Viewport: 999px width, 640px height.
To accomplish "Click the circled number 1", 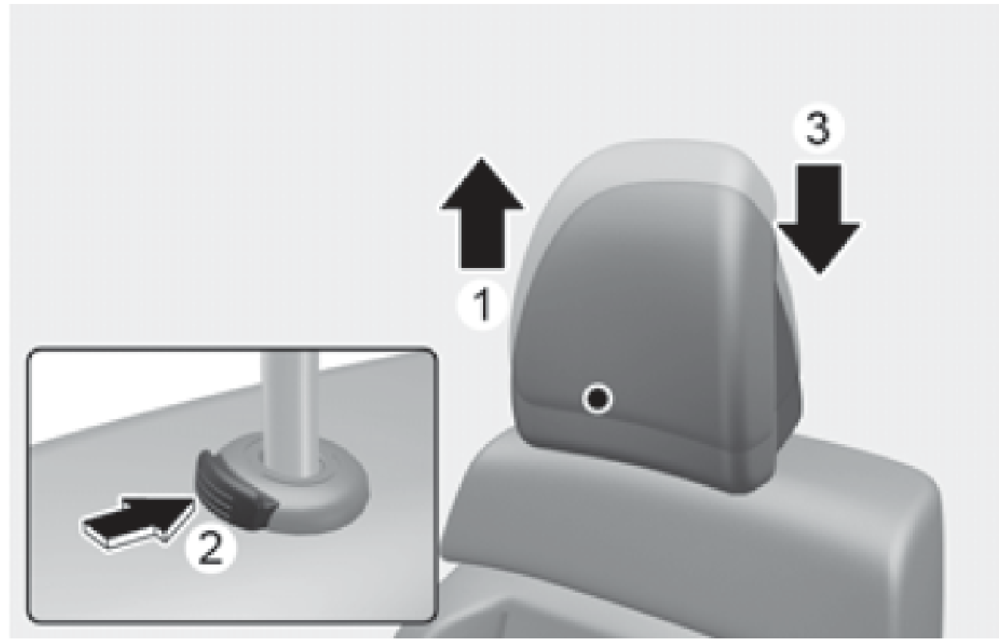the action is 482,306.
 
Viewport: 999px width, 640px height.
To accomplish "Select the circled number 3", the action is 818,129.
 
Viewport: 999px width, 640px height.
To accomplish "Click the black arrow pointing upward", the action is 482,214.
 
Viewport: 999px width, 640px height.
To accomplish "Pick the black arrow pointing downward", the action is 819,218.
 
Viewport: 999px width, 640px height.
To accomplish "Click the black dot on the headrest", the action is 597,398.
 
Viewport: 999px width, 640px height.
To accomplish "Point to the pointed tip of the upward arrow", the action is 482,158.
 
